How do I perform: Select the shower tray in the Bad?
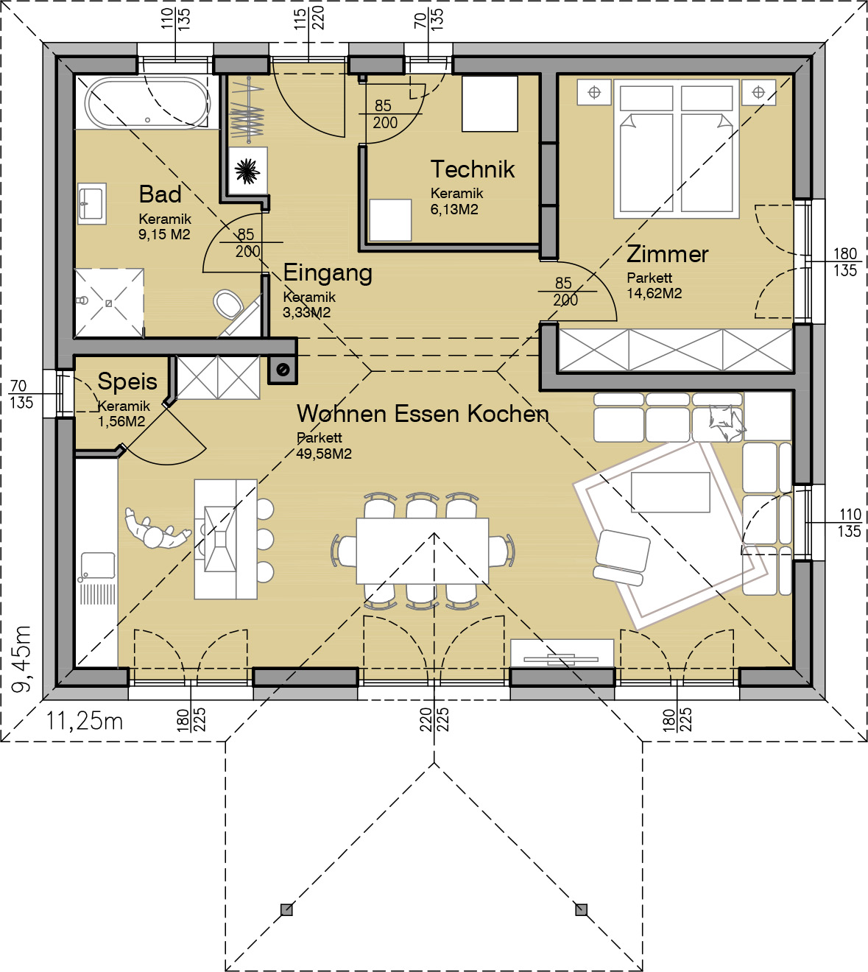110,303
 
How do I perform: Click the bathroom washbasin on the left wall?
91,203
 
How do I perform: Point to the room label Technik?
473,169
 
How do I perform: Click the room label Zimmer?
668,254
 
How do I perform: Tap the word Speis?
127,382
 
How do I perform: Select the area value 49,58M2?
324,454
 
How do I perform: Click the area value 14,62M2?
654,293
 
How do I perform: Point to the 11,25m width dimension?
85,721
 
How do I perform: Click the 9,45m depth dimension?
21,659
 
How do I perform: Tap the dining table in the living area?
423,551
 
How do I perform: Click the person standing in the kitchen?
156,531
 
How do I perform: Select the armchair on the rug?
622,557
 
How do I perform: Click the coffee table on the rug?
670,492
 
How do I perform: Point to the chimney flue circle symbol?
283,370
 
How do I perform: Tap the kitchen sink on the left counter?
98,566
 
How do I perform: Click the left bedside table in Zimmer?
594,93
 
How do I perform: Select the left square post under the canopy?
286,909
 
